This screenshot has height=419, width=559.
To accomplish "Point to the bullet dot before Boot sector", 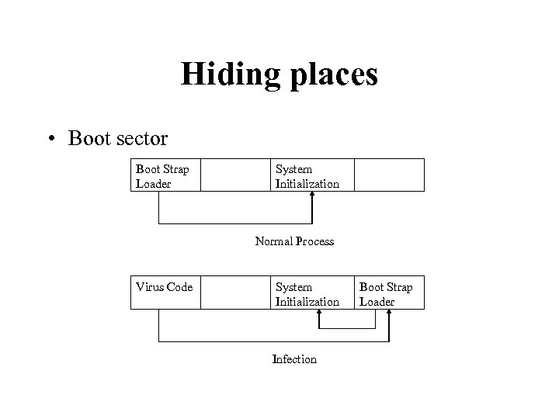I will (x=52, y=139).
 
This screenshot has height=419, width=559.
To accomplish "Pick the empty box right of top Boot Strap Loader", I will (x=234, y=175).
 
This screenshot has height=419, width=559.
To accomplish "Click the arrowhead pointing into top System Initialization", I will (x=312, y=196).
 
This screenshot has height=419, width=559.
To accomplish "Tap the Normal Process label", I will (x=294, y=241).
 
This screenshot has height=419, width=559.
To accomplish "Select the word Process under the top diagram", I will (x=314, y=241).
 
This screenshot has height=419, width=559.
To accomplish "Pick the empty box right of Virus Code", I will (x=234, y=293).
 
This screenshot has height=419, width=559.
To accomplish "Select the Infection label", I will (x=294, y=359).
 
